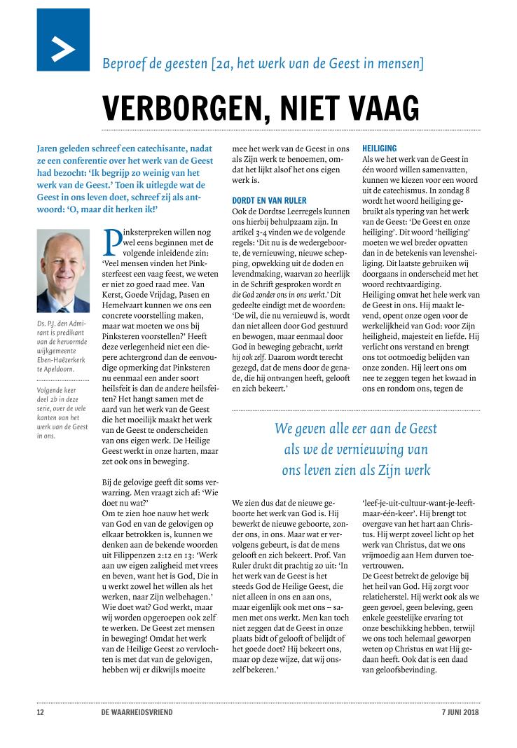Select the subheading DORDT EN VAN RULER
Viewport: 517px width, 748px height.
point(268,200)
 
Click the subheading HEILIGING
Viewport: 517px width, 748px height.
point(380,148)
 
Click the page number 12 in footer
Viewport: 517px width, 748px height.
point(40,713)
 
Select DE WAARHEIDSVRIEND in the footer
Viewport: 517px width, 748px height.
point(137,713)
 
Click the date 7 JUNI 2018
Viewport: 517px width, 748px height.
point(460,713)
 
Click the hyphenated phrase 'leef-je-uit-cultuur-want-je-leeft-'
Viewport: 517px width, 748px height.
point(419,504)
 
